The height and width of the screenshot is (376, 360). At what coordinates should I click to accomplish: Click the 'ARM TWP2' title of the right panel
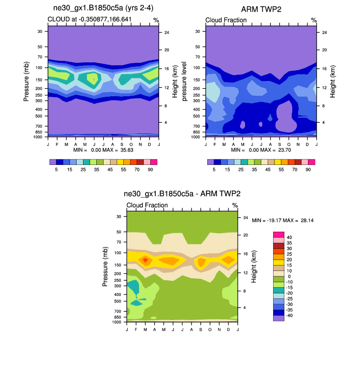pyautogui.click(x=261, y=10)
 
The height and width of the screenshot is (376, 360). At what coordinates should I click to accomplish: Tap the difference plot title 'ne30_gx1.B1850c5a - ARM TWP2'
pyautogui.click(x=182, y=194)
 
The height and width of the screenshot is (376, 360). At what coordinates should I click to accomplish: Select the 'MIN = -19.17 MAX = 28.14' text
pyautogui.click(x=283, y=220)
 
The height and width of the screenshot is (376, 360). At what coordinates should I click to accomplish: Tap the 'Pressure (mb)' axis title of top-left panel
pyautogui.click(x=27, y=81)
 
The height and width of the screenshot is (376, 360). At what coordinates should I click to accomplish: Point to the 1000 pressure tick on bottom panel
pyautogui.click(x=117, y=322)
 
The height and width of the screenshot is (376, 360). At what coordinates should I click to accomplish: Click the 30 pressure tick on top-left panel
pyautogui.click(x=39, y=31)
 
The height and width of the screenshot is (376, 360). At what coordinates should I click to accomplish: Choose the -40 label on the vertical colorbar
pyautogui.click(x=291, y=315)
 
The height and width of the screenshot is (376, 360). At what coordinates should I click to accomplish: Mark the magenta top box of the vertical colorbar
pyautogui.click(x=278, y=234)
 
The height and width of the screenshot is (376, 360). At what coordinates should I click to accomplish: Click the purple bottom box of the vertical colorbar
pyautogui.click(x=278, y=318)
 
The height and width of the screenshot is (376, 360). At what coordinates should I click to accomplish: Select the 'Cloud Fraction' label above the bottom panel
pyautogui.click(x=147, y=205)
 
